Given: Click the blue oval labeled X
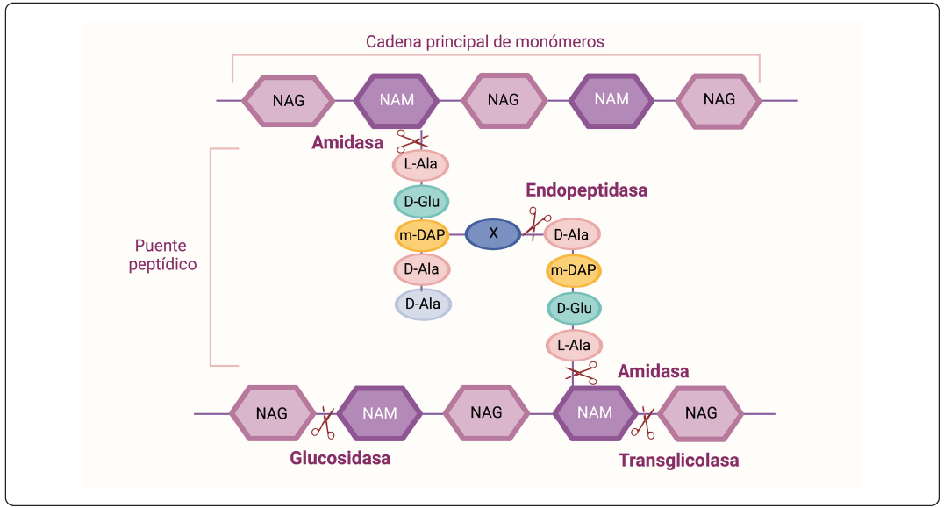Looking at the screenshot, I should pyautogui.click(x=493, y=233).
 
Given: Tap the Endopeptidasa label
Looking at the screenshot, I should pyautogui.click(x=586, y=190).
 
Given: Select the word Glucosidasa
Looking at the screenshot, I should pyautogui.click(x=340, y=458).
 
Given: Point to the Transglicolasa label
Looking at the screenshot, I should pyautogui.click(x=678, y=460).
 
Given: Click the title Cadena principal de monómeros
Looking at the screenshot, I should pyautogui.click(x=485, y=41).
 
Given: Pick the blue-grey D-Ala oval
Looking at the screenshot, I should pyautogui.click(x=422, y=304).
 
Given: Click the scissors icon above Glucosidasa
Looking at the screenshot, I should pyautogui.click(x=324, y=421).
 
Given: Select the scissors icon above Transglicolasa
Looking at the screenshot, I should pyautogui.click(x=645, y=422).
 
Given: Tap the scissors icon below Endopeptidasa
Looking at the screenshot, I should pyautogui.click(x=535, y=224).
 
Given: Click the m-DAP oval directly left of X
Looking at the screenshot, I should pyautogui.click(x=422, y=234).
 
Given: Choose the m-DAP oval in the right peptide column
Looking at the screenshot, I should pyautogui.click(x=574, y=271).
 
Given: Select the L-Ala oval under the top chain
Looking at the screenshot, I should pyautogui.click(x=422, y=165).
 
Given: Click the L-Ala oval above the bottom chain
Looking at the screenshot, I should pyautogui.click(x=574, y=345).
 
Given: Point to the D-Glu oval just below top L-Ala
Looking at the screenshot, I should pyautogui.click(x=422, y=201).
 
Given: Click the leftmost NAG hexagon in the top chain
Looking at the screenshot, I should pyautogui.click(x=289, y=100).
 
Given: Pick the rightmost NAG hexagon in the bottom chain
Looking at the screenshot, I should pyautogui.click(x=700, y=412).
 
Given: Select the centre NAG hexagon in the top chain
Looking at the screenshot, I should pyautogui.click(x=504, y=100).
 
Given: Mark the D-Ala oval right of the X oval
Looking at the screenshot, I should pyautogui.click(x=573, y=234).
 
